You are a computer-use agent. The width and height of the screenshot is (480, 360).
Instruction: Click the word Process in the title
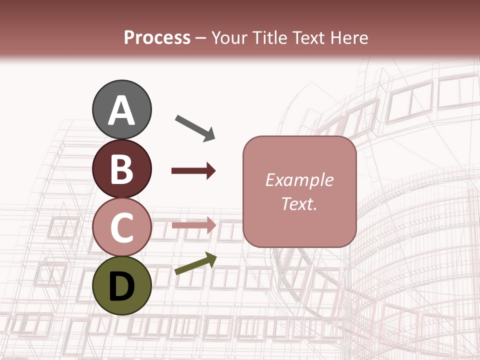157,38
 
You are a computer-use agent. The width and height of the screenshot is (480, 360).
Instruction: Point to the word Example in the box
299,180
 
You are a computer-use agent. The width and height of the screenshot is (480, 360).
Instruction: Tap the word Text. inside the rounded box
299,203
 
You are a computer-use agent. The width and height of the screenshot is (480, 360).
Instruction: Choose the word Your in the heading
230,38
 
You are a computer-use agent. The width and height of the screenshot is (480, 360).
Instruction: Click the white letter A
122,110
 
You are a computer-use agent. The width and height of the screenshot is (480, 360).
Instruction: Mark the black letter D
122,286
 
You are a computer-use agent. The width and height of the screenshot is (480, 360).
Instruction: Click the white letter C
122,227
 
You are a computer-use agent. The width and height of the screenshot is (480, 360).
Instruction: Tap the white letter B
122,169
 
